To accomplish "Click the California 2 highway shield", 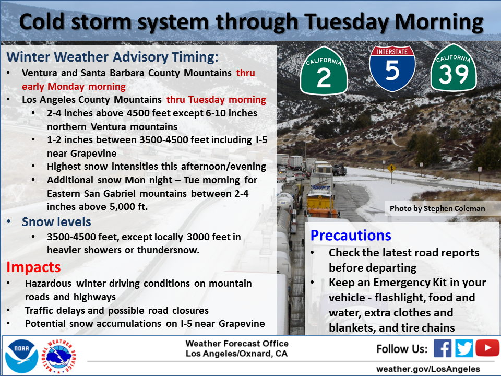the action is point(324,70).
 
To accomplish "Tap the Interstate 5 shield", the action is point(392,68).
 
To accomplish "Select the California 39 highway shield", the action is point(454,67).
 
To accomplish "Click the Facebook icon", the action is point(442,348).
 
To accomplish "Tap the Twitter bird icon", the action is point(464,348).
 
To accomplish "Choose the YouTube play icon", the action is point(487,348).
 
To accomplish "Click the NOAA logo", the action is point(21,356).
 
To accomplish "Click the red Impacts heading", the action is point(33,267).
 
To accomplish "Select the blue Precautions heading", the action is point(351,236).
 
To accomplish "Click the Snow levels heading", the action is point(56,221).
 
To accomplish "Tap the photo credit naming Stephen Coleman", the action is point(437,208).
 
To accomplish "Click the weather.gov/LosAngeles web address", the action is point(428,369).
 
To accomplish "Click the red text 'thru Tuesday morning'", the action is point(216,100).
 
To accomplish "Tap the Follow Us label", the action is point(402,349).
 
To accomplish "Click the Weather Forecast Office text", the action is point(237,344).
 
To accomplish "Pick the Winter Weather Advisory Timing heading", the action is point(113,57).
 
